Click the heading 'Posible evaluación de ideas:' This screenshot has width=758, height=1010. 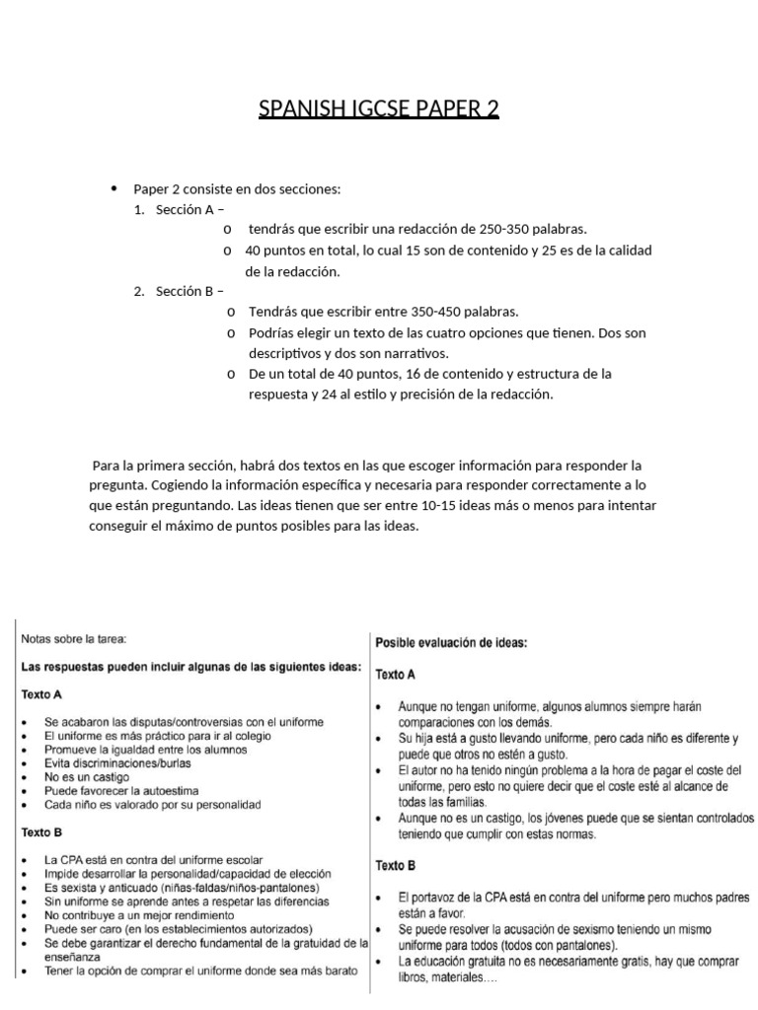452,642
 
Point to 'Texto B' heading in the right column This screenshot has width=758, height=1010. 396,865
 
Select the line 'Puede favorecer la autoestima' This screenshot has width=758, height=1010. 121,790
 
